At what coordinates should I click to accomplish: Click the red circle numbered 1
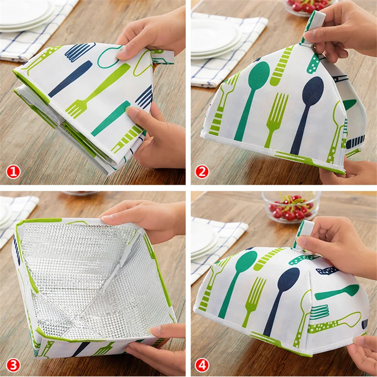pos(13,172)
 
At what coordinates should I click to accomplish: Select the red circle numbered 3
pos(13,364)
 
